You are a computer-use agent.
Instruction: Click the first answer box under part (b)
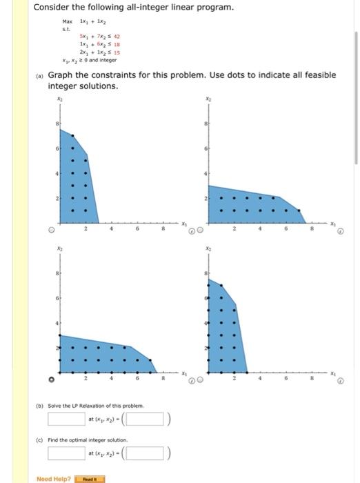(x=66, y=418)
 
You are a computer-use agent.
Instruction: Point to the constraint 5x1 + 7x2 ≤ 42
(x=101, y=39)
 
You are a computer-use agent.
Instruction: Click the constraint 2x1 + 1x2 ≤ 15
(x=101, y=52)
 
